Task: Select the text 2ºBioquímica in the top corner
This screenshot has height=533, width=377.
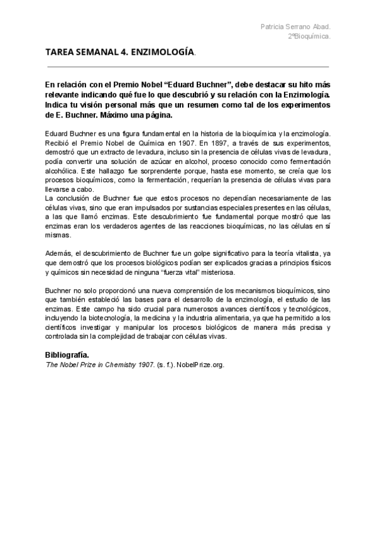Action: click(310, 36)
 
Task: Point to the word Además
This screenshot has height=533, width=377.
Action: click(58, 253)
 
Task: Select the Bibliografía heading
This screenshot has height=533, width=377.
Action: click(71, 355)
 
